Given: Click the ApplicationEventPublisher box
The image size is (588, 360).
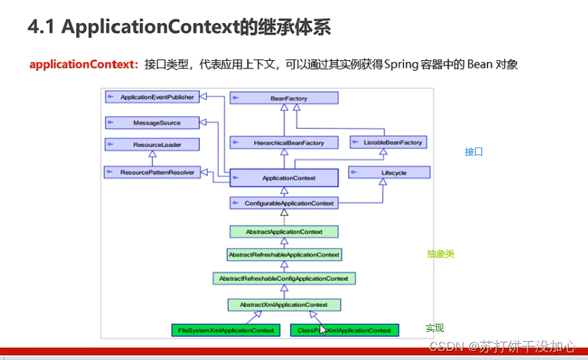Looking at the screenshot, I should pos(151,96).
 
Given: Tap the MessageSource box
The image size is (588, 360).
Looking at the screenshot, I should pos(151,123).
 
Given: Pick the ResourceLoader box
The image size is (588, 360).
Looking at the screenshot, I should pos(151,145).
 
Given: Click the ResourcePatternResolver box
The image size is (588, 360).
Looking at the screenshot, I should pos(151,171).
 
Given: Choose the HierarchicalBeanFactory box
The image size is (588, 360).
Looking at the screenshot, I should pos(284,143).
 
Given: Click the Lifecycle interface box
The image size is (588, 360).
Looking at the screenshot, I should pos(389,172).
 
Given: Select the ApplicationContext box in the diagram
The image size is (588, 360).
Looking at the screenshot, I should pos(284,178).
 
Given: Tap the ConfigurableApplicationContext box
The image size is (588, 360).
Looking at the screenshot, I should pos(284,203).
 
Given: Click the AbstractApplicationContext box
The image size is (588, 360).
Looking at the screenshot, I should pos(284,231).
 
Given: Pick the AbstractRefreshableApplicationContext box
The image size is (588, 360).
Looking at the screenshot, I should pos(284,254).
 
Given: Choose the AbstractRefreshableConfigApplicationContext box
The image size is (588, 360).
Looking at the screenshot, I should pos(284,278).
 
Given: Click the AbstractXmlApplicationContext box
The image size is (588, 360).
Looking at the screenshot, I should pos(284,305).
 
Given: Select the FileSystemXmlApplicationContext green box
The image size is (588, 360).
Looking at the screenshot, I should pos(225,330).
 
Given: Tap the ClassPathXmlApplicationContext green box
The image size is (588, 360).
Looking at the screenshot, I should pos(344,330).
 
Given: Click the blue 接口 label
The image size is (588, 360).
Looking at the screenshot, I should pos(473,152).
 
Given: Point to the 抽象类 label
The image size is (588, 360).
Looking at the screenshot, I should pos(440,254).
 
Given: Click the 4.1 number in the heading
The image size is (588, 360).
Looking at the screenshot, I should pos(41,27).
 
